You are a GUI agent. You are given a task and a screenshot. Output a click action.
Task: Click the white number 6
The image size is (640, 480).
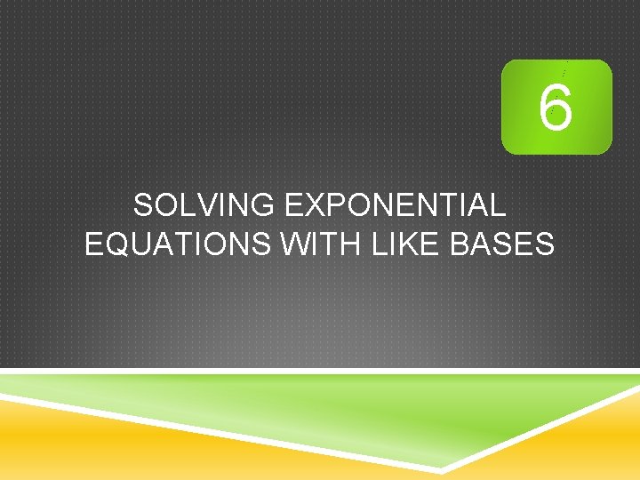point(556,108)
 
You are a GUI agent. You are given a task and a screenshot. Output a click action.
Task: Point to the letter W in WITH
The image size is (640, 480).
point(294,243)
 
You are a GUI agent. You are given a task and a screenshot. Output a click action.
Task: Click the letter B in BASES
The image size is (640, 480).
point(463,243)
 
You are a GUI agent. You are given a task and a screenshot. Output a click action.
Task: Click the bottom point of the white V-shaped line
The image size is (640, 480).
point(442,469)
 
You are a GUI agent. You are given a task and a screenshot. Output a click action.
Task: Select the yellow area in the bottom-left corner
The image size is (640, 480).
point(53,444)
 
